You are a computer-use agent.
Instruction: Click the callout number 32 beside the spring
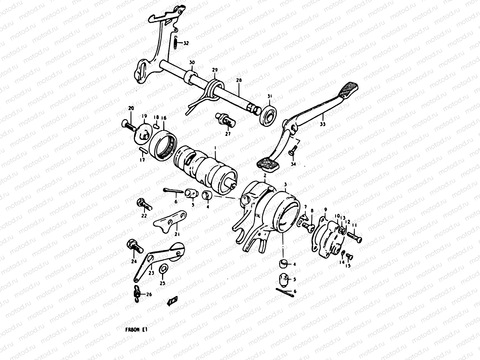click(x=186, y=43)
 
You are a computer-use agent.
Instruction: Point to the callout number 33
click(x=322, y=124)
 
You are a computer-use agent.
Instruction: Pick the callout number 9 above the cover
click(x=325, y=209)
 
